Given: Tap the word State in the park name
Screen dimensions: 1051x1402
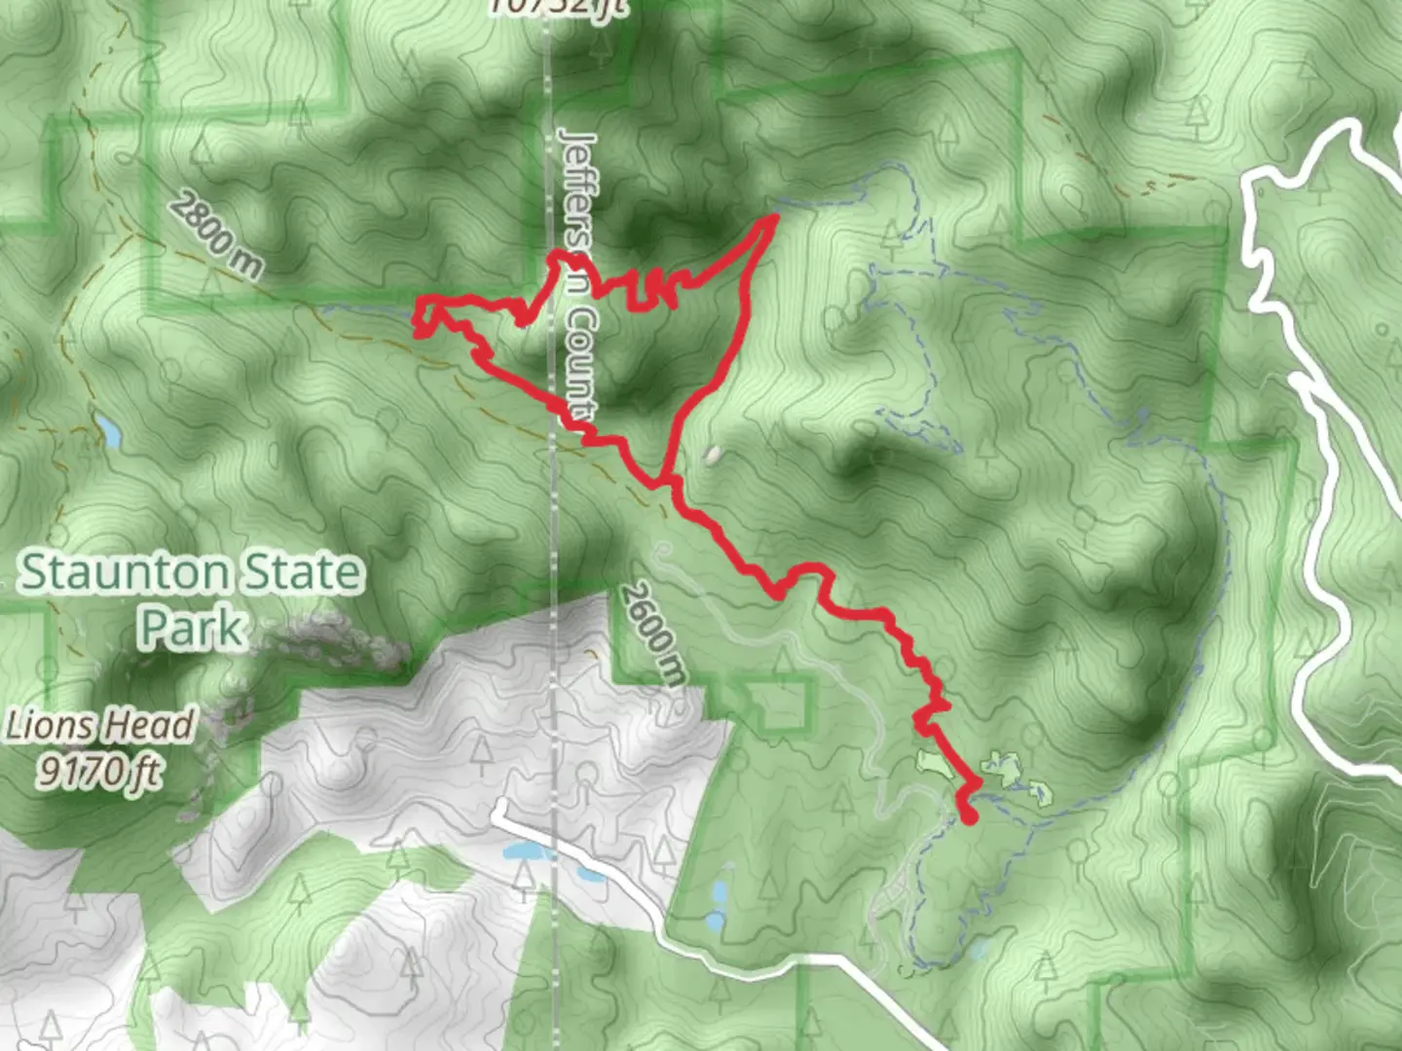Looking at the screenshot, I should (x=303, y=572).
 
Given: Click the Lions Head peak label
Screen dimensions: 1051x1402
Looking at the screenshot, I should (x=101, y=726).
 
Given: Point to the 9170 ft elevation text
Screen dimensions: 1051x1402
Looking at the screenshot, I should (x=99, y=771).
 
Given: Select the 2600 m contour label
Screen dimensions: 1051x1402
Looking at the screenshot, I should (x=652, y=633).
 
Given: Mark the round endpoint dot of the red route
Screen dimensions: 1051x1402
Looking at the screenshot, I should (x=969, y=815).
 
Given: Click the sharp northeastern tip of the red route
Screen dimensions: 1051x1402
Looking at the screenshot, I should (x=775, y=217).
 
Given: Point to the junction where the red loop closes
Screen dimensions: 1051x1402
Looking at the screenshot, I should (x=665, y=481).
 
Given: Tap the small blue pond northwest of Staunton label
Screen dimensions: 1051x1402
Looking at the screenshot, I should (x=109, y=432).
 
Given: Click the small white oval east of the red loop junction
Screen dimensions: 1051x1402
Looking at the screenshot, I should (x=715, y=454).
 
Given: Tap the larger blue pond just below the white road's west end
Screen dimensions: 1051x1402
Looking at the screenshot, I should (x=524, y=852).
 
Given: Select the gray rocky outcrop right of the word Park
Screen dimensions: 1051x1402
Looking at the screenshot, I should (x=331, y=642).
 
